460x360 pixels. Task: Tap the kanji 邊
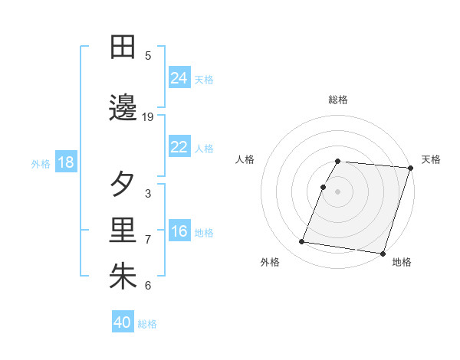coord(123,109)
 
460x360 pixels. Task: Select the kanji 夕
coord(123,185)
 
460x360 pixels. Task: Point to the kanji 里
coord(123,231)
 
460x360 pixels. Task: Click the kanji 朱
coord(123,277)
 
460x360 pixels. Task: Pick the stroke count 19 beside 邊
coord(148,117)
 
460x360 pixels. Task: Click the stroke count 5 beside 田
coord(148,55)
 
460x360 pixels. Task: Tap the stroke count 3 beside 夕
coord(148,193)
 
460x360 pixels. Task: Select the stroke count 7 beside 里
coord(148,240)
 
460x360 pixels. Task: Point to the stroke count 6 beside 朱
coord(148,286)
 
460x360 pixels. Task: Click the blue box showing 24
coord(179,77)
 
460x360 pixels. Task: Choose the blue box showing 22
coord(179,147)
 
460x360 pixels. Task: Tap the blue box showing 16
coord(179,231)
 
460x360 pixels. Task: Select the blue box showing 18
coord(65,162)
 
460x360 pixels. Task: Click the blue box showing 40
coord(123,322)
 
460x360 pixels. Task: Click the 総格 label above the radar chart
coord(338,100)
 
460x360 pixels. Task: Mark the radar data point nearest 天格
coord(410,169)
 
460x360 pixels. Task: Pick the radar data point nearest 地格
coord(383,253)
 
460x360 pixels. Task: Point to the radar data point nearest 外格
coord(302,242)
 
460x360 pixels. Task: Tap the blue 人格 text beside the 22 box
coord(204,148)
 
